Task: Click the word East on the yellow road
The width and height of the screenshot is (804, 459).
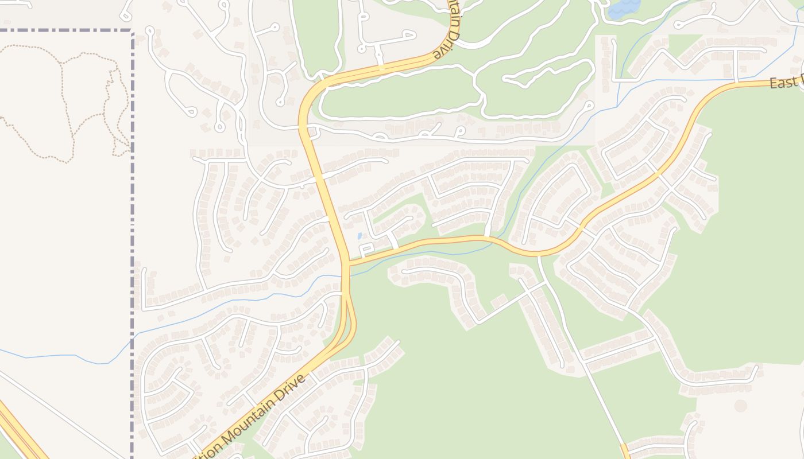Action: click(x=782, y=83)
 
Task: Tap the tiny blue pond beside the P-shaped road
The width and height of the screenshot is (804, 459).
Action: click(x=360, y=236)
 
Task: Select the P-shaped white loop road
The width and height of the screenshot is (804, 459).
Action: click(x=366, y=250)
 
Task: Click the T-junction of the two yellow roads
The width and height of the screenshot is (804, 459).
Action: click(x=348, y=264)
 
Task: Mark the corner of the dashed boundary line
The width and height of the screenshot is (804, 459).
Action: click(x=133, y=31)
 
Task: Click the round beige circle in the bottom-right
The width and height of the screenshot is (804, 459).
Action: click(x=741, y=406)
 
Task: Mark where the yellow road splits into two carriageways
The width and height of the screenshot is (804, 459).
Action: click(x=347, y=298)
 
